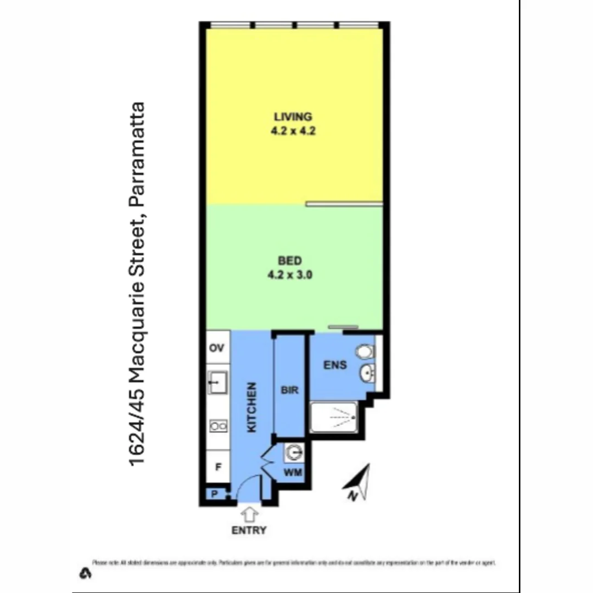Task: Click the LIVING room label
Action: pyautogui.click(x=293, y=116)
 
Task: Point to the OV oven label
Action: pyautogui.click(x=217, y=348)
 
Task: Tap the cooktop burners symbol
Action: pyautogui.click(x=218, y=426)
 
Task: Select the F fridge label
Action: pyautogui.click(x=218, y=467)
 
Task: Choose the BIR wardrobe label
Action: pyautogui.click(x=289, y=390)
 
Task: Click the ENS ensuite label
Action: pyautogui.click(x=335, y=364)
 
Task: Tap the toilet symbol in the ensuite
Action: pyautogui.click(x=365, y=351)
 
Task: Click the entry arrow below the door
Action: pyautogui.click(x=250, y=514)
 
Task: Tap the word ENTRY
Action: pyautogui.click(x=249, y=530)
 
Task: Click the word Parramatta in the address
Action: pyautogui.click(x=137, y=153)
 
